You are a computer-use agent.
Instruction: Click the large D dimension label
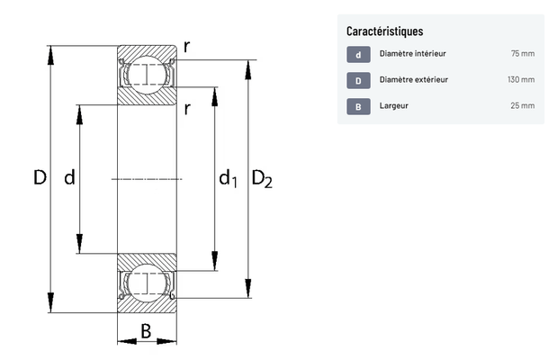pos(40,178)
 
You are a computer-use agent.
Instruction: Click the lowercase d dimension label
pos(69,178)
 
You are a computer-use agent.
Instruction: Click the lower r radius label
pos(186,109)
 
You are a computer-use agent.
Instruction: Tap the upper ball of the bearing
pos(147,75)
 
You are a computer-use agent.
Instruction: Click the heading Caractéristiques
pos(384,31)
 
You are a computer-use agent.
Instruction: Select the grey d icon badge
pos(357,54)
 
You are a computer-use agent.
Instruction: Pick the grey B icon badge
pos(357,105)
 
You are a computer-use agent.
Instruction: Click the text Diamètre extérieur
pos(414,80)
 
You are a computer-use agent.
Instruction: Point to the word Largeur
pos(394,105)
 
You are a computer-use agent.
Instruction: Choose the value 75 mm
pos(522,54)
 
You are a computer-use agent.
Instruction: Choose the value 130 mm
pos(520,80)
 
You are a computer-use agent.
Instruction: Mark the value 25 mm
pos(522,105)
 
